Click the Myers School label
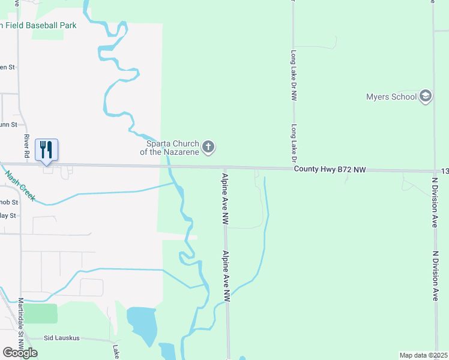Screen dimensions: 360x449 point(391,97)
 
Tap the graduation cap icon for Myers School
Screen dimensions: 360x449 point(426,97)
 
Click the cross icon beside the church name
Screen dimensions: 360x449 point(208,147)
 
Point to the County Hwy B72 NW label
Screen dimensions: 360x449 point(330,170)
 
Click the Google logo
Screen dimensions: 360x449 point(20,353)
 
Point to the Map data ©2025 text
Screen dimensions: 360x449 point(424,355)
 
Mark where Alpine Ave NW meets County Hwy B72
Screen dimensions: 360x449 point(225,168)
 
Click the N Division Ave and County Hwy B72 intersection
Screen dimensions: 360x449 point(434,171)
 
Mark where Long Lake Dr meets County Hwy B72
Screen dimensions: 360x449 point(294,169)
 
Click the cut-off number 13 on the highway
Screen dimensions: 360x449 point(444,172)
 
